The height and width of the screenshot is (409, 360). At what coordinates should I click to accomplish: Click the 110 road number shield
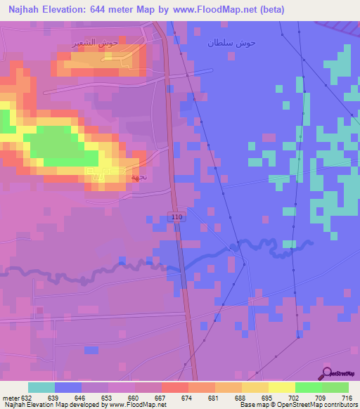[176, 218]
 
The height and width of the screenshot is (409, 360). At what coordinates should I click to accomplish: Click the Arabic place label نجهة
[138, 177]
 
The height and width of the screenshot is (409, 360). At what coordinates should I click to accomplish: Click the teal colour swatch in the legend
[41, 387]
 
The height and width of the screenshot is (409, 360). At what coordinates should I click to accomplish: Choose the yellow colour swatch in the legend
[282, 387]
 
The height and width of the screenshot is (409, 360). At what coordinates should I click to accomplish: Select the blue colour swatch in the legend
[68, 387]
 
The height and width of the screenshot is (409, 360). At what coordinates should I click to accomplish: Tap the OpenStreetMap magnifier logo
[327, 374]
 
